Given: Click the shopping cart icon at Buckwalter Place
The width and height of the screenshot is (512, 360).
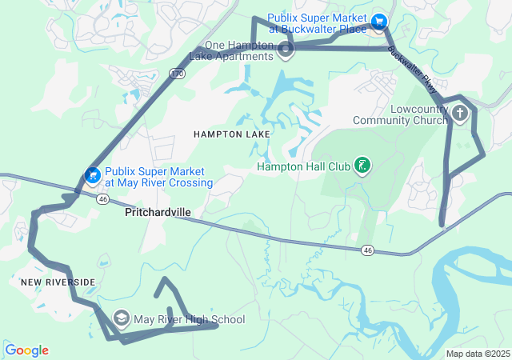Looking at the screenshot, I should (379, 21).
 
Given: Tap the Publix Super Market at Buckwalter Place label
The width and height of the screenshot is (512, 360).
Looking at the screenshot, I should (317, 22).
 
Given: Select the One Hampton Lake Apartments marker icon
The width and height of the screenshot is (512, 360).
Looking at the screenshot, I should (286, 52).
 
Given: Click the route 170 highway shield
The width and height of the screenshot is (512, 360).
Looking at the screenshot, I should (177, 74).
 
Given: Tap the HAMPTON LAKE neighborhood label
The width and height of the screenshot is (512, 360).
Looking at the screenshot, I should (231, 134).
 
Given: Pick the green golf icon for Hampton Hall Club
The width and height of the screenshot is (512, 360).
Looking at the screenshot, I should (362, 166).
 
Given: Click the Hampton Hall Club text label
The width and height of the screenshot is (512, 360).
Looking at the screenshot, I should (303, 167).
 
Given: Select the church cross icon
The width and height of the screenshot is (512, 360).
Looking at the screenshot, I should (459, 114).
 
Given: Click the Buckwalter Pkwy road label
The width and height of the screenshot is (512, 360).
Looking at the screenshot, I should (413, 69).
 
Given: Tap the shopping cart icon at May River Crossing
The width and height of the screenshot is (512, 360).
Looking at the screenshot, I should (93, 174).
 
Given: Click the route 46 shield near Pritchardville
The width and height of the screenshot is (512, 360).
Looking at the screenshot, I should (102, 198).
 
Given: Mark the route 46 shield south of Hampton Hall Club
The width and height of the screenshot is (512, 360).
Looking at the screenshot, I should (367, 250).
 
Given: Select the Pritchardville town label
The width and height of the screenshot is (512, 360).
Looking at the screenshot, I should (158, 214).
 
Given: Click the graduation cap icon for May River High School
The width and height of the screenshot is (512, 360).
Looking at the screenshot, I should (122, 319).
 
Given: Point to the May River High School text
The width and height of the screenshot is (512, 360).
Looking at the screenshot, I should (189, 320).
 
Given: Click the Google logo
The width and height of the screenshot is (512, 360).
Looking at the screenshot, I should (26, 350).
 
